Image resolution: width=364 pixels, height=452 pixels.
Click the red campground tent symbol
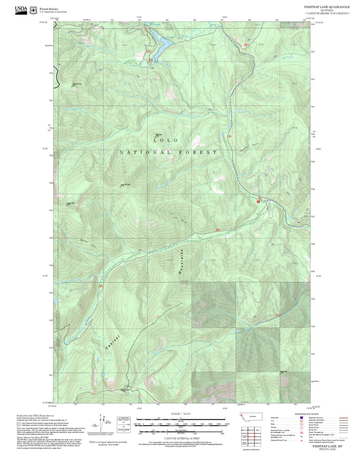(258, 202)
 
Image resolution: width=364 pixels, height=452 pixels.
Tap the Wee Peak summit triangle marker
(155, 137)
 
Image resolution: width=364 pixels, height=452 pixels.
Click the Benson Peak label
(71, 203)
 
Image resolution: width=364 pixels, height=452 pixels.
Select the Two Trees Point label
(77, 84)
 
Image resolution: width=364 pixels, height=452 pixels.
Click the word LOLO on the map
(166, 141)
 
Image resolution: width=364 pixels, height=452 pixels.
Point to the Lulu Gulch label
(180, 219)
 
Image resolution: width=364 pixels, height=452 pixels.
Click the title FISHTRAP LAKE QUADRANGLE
(327, 7)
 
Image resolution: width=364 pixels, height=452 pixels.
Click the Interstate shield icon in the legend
(301, 418)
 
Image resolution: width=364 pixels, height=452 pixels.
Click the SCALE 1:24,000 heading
(181, 414)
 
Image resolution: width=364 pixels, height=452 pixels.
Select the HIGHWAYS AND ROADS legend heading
(307, 414)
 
